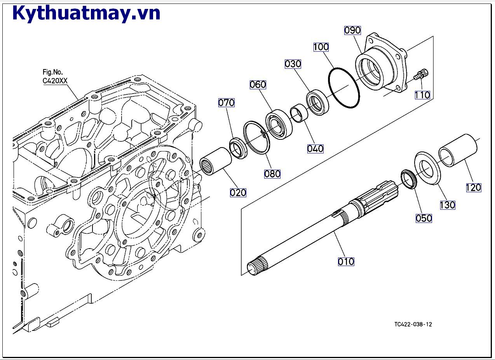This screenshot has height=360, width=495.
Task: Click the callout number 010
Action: (x=346, y=261)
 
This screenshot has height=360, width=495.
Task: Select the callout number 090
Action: (x=352, y=30)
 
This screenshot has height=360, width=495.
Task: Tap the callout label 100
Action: (x=321, y=47)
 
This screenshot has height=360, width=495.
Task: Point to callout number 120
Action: (x=473, y=188)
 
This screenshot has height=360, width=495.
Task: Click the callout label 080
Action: (x=272, y=174)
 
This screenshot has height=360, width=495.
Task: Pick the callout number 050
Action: (x=424, y=218)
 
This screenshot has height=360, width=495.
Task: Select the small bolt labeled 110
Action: (x=421, y=74)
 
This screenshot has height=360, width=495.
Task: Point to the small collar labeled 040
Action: (x=299, y=113)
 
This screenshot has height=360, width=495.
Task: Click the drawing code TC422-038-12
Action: (x=413, y=324)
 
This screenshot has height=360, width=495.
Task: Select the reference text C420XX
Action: (x=55, y=81)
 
